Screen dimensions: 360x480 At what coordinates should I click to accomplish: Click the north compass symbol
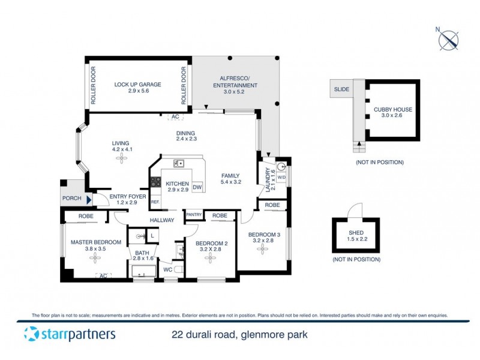click(x=448, y=40)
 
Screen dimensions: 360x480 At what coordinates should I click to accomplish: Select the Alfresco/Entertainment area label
click(x=236, y=82)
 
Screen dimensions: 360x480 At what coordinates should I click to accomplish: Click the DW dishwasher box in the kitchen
click(x=197, y=187)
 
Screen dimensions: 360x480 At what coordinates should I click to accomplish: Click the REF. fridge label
click(x=155, y=202)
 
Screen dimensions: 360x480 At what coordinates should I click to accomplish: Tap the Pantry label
click(x=193, y=214)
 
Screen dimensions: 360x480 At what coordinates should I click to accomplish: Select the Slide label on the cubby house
click(x=341, y=89)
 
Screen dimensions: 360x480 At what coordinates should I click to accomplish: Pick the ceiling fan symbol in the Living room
click(x=122, y=157)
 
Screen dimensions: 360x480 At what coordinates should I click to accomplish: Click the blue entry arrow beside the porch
click(x=89, y=200)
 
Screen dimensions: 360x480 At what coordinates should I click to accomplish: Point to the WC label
click(x=168, y=270)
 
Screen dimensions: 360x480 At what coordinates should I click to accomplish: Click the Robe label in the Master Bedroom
click(x=84, y=217)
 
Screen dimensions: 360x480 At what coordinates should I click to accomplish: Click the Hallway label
click(x=162, y=220)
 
